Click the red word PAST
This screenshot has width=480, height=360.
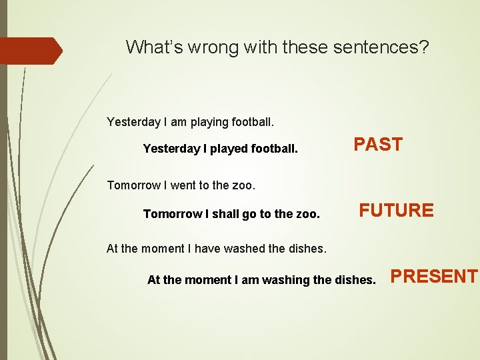[x=377, y=145]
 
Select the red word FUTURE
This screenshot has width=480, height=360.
[x=396, y=211]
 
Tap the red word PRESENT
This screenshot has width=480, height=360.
[x=434, y=276]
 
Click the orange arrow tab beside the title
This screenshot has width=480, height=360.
[x=31, y=51]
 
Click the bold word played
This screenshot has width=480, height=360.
[x=229, y=149]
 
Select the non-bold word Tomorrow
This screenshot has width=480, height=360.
[x=134, y=185]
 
